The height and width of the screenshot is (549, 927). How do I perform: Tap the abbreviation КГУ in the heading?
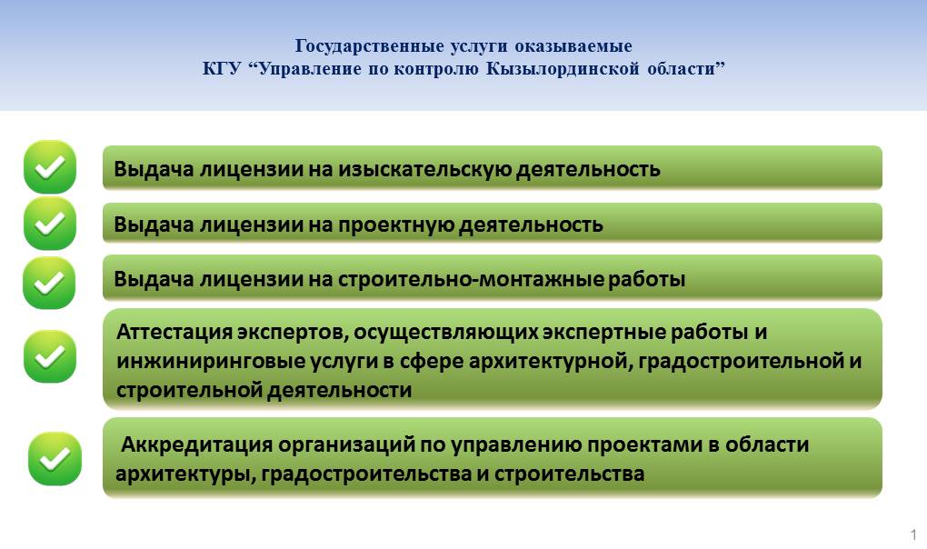[222, 68]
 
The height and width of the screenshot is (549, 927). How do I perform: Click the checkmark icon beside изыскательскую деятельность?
[50, 166]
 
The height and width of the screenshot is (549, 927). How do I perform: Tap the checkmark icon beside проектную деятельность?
[50, 223]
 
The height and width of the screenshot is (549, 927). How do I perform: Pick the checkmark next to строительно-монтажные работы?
[49, 283]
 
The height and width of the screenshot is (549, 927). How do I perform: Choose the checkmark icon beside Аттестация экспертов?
[50, 355]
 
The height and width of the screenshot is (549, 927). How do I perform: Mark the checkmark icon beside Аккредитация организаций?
[55, 459]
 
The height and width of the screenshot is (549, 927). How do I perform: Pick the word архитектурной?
[550, 361]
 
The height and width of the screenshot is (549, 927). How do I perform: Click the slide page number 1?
[914, 534]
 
